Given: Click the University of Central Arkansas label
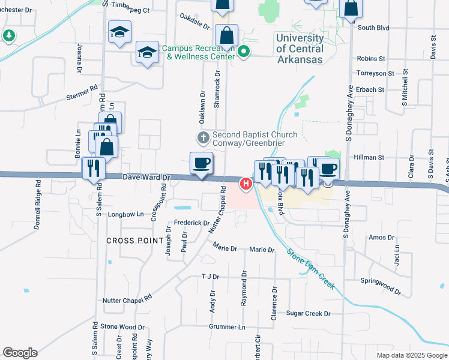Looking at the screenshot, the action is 300,49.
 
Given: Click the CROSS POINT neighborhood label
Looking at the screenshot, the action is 135,240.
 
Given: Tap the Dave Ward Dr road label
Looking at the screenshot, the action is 147,178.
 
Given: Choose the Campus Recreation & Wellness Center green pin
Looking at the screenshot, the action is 244,52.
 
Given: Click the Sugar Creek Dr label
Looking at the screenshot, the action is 309,313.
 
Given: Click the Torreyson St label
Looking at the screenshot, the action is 376,73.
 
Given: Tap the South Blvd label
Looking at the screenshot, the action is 373,28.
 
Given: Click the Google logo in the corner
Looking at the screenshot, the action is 20,353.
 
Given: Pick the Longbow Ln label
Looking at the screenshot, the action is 125,214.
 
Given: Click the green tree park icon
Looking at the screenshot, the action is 8,37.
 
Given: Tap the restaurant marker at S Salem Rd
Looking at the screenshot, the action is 94,168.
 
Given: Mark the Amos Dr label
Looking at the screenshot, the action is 381,238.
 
